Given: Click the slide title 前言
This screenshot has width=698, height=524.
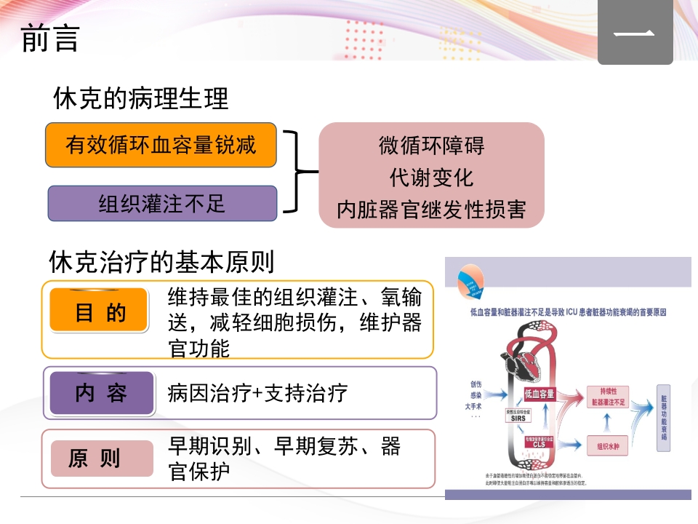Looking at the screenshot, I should (x=49, y=39).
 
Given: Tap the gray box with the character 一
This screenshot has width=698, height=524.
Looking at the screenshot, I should (x=635, y=33).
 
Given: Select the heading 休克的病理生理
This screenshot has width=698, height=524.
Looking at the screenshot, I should (x=140, y=99).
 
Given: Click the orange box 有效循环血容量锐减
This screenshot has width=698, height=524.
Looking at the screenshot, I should (x=161, y=145).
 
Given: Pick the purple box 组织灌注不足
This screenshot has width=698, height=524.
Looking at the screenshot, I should (x=162, y=204).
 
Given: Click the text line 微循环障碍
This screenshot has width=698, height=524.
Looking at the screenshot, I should (x=431, y=145).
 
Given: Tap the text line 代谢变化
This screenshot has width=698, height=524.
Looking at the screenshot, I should (x=431, y=177).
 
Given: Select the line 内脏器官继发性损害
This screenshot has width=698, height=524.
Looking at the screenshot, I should (x=431, y=210).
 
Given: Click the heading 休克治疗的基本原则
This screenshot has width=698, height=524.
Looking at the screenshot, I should (x=161, y=261).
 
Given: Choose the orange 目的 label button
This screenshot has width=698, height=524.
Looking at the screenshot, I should (x=100, y=313).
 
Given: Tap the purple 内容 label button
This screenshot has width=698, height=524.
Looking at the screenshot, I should (x=101, y=393).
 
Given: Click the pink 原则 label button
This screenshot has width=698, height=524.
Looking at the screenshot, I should (x=95, y=458).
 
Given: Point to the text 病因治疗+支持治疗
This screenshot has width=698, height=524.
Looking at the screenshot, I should (x=257, y=393).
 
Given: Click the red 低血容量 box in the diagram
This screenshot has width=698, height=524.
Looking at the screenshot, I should (x=539, y=394).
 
